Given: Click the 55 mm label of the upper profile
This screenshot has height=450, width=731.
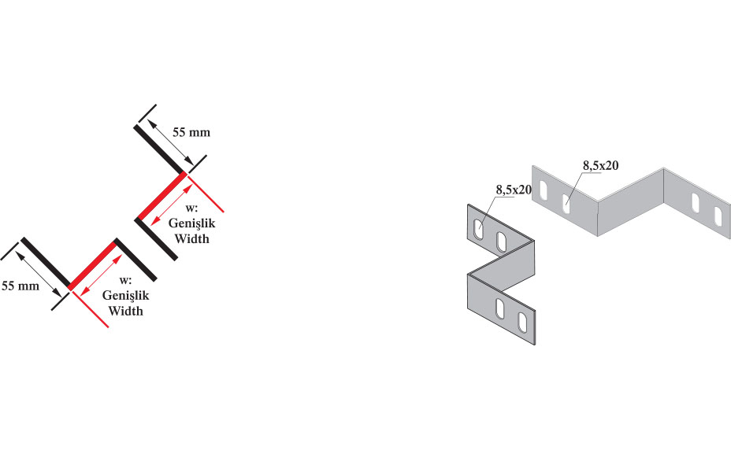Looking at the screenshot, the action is [191, 132].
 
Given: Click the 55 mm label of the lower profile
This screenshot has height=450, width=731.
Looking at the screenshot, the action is [20, 286].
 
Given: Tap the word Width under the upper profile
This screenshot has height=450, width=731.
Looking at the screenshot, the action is [191, 239].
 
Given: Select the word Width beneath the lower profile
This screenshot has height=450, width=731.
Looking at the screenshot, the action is [125, 311].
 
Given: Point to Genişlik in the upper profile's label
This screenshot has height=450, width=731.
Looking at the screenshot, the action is [192, 223].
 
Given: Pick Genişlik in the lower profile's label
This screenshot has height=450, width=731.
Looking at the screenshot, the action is [126, 295].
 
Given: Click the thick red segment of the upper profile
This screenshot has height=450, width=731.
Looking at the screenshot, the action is [161, 196].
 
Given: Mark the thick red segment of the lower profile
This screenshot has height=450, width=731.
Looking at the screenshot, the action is [92, 264].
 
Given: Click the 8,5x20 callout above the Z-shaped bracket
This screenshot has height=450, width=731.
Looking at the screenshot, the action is [514, 190].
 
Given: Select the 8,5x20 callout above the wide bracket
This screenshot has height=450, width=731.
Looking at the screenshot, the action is [600, 165].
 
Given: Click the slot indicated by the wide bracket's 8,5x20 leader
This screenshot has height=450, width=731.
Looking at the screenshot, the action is [566, 204].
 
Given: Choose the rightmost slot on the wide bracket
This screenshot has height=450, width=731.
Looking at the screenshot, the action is [718, 216].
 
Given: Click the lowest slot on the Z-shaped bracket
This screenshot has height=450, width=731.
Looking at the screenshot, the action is [521, 323].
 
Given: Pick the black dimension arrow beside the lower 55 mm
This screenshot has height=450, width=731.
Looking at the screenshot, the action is [38, 274].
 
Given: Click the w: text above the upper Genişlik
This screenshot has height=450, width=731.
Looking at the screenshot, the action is [191, 208].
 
